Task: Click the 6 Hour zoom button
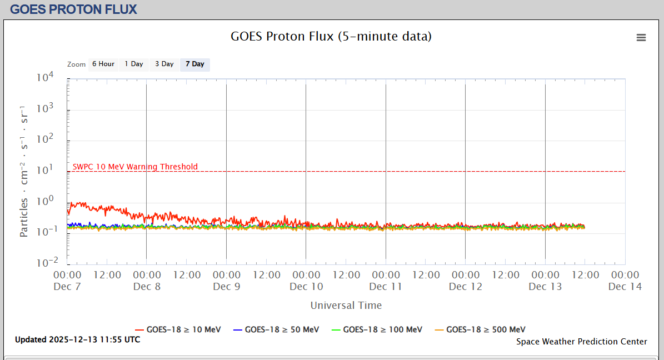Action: [x=103, y=64]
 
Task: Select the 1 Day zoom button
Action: [x=133, y=64]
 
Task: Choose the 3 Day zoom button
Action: [x=164, y=64]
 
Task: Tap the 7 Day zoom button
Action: [x=194, y=64]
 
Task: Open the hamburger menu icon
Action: [x=641, y=37]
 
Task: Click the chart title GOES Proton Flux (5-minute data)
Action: [x=331, y=37]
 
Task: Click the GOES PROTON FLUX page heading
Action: [x=73, y=9]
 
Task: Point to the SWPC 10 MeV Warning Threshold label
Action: [x=135, y=167]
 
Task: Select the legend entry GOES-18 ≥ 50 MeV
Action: [x=276, y=329]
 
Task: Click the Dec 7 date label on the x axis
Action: [x=67, y=287]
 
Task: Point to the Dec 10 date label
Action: [x=306, y=287]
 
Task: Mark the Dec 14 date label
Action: [x=625, y=287]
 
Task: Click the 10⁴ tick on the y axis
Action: [x=44, y=78]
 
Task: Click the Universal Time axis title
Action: [x=346, y=305]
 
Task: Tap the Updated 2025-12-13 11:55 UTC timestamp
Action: [x=77, y=339]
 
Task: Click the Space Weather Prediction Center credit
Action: [x=581, y=342]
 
